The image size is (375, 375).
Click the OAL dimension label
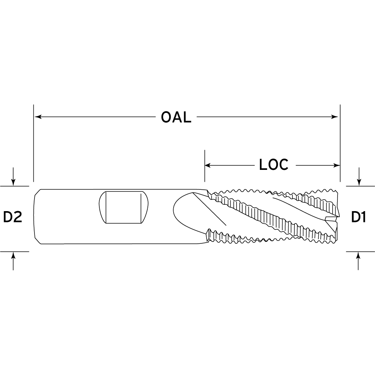(176, 117)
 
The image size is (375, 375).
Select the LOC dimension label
(274, 165)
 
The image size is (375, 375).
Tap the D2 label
(13, 217)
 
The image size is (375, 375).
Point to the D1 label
(358, 217)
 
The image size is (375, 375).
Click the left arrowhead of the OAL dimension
(38, 117)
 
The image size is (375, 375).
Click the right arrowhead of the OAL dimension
(334, 117)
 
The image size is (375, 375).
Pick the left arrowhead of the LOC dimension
(208, 165)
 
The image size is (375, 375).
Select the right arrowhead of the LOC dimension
(337, 165)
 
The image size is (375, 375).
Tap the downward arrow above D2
(13, 177)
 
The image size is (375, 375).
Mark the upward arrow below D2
(13, 261)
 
